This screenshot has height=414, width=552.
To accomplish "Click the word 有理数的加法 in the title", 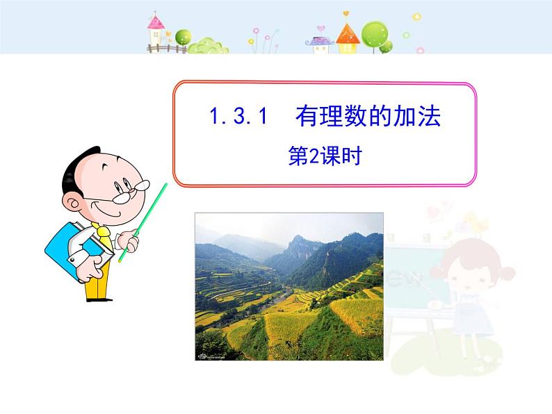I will click(x=368, y=117).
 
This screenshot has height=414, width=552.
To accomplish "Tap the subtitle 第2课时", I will click(x=325, y=158).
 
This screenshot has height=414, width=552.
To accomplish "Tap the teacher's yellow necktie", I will click(x=104, y=240).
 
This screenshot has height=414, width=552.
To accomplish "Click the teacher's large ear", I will click(x=73, y=201).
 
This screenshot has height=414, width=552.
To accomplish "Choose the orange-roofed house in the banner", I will click(x=348, y=38).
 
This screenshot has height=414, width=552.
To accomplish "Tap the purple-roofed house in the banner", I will click(x=320, y=43).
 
